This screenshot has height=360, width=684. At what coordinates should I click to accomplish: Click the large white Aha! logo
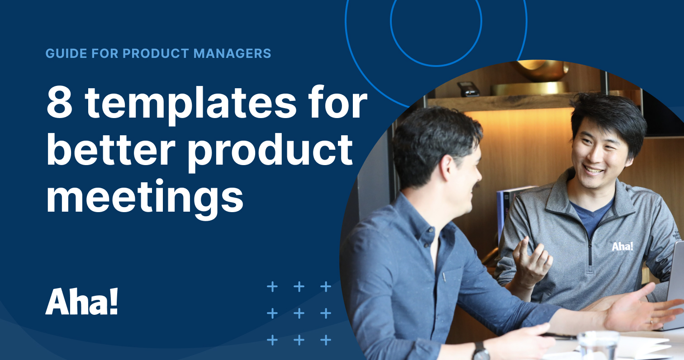click(x=81, y=301)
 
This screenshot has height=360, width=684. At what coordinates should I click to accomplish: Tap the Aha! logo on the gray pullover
click(x=622, y=246)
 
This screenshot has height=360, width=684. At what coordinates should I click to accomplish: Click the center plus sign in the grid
click(x=299, y=313)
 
